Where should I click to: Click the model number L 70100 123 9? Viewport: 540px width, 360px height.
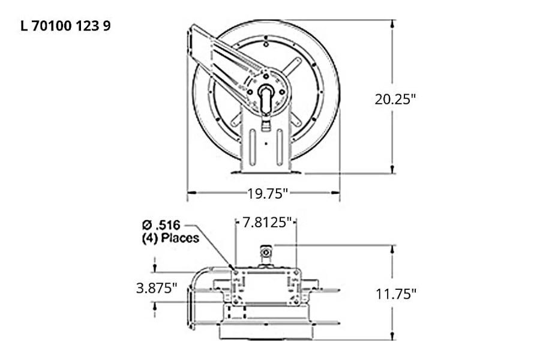coord(65,26)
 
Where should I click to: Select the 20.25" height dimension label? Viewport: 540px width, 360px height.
coord(396,99)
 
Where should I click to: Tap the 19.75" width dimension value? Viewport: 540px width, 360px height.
coord(268,193)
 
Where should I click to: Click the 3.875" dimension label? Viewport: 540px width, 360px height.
coord(157,287)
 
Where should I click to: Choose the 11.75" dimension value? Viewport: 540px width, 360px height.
coord(396,293)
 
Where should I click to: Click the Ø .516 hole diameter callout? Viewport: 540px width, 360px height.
coord(162,226)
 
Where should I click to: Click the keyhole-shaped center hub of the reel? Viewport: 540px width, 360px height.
coord(266,97)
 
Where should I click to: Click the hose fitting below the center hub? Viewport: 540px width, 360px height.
coord(266,125)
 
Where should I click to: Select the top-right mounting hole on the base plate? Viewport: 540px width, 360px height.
coord(296,272)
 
